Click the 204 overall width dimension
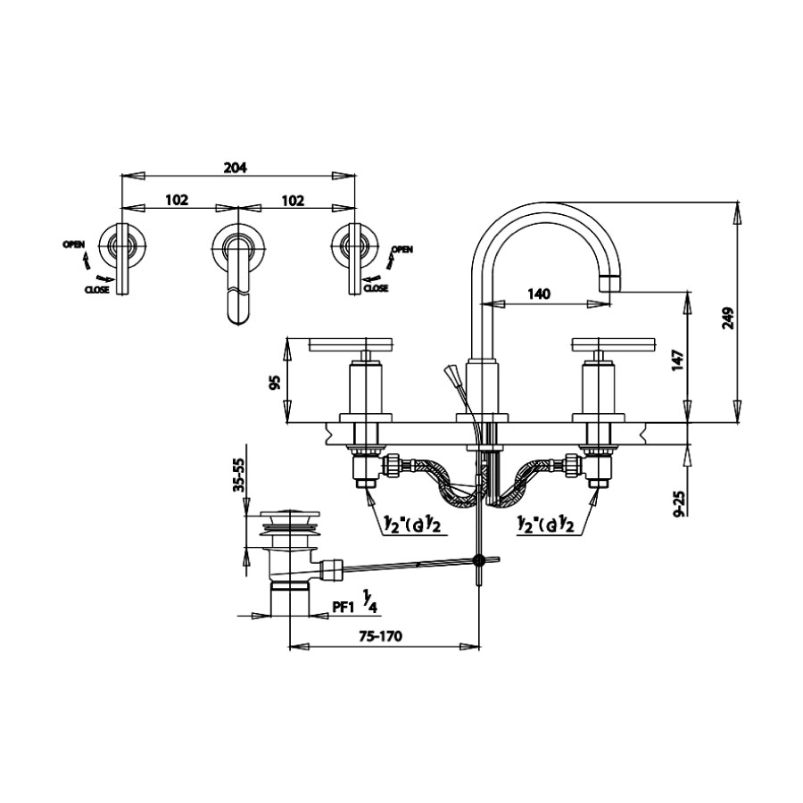point(236,167)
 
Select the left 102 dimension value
point(177,200)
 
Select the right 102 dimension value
point(293,200)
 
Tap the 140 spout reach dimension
point(539,294)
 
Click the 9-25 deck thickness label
point(680,503)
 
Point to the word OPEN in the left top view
point(74,244)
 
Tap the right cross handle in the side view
point(613,344)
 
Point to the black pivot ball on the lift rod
point(480,560)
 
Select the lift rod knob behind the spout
point(452,373)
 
